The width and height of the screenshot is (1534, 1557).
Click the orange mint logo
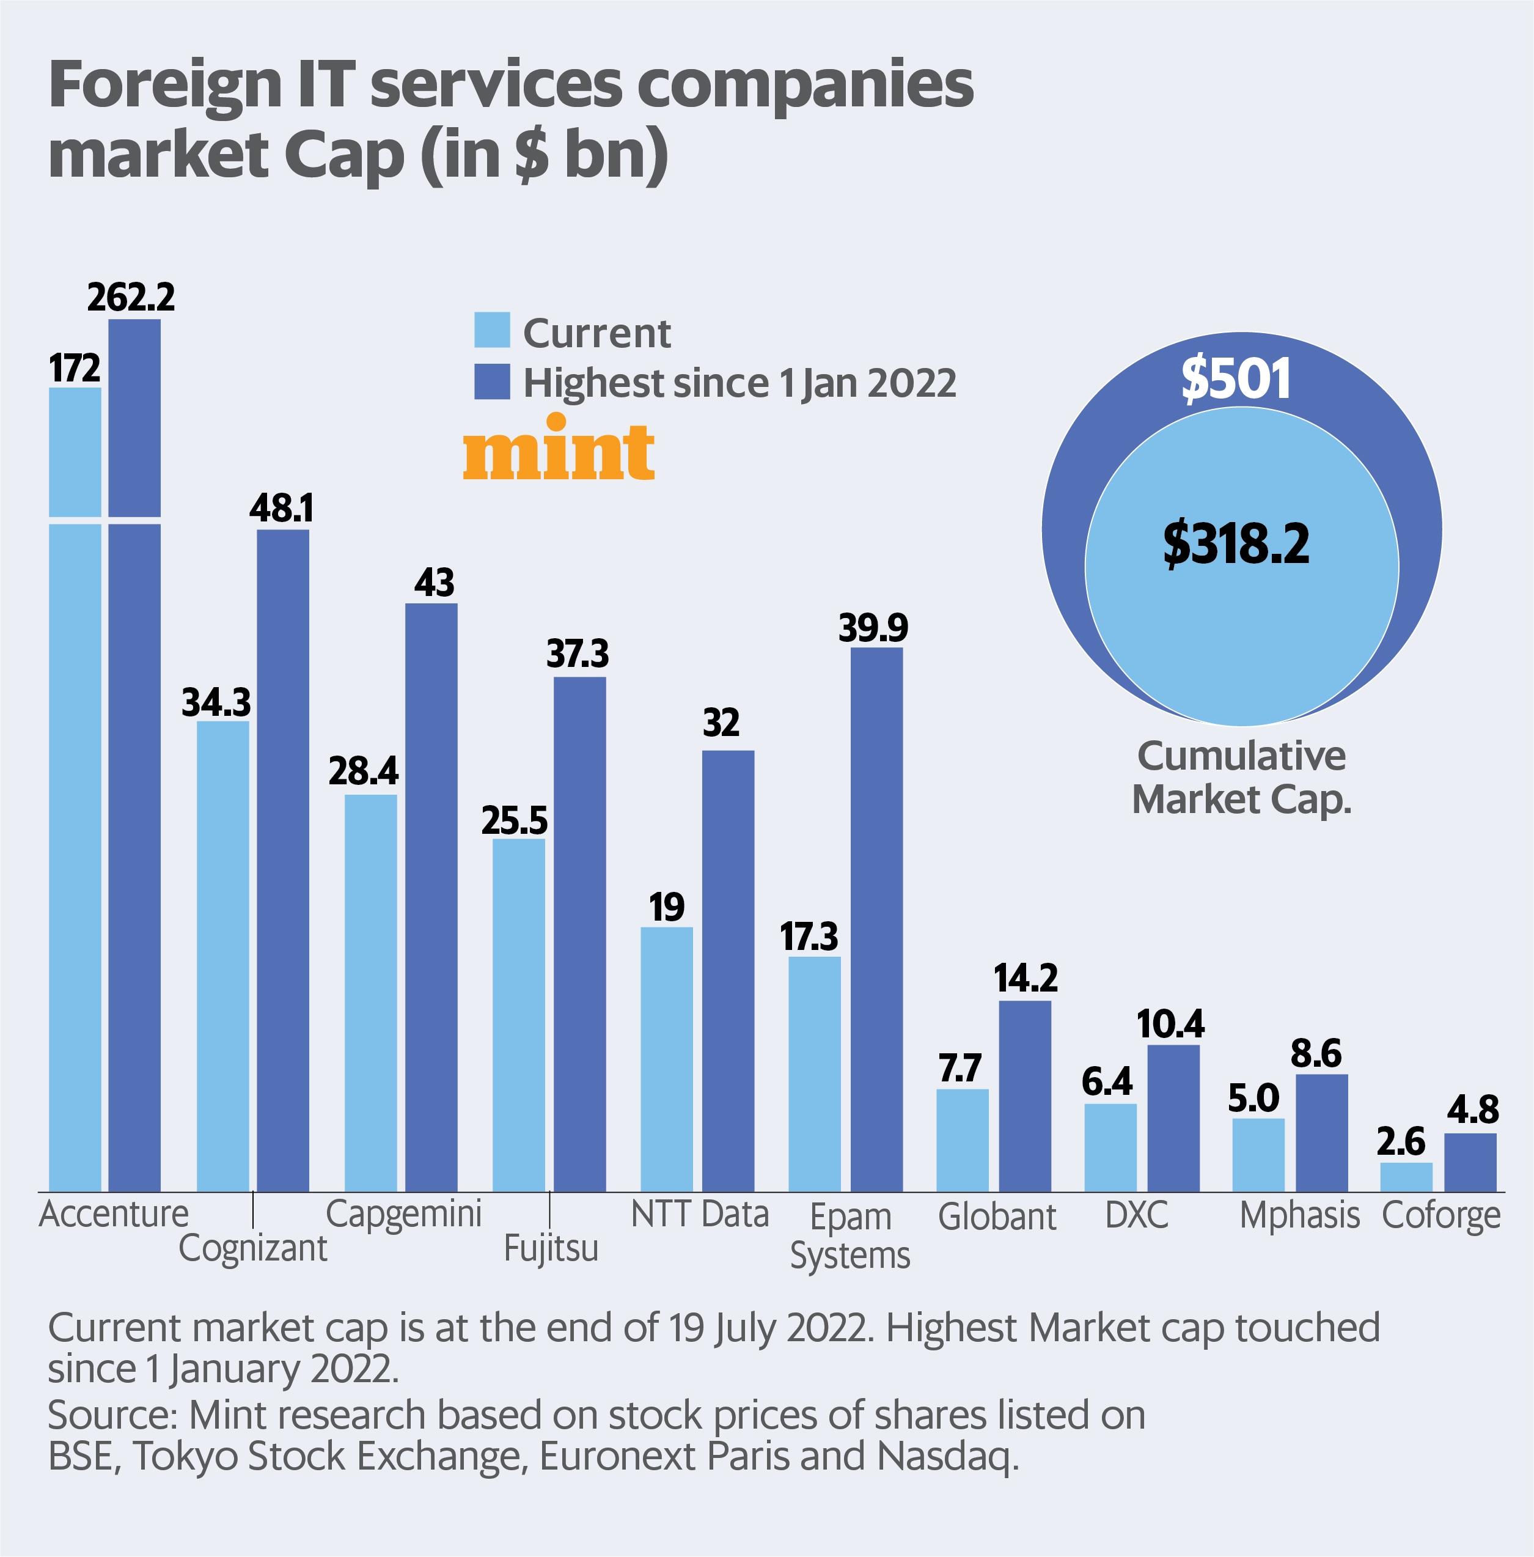pos(559,449)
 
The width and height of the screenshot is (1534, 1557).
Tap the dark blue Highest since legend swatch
pos(491,381)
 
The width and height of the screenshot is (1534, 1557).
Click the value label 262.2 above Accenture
pos(131,297)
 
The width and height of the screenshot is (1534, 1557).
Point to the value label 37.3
pos(578,653)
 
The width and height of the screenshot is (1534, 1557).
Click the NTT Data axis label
pos(699,1213)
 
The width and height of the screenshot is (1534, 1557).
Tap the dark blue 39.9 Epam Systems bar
pos(876,919)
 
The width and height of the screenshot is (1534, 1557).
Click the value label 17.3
pos(809,937)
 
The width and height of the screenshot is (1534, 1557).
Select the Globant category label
pos(997,1216)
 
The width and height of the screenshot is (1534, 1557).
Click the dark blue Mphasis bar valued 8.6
pos(1321,1132)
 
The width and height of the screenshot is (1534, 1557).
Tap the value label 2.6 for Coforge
pos(1400,1141)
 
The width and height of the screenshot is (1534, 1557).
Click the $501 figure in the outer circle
pos(1236,379)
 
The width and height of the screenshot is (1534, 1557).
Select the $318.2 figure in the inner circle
pos(1236,544)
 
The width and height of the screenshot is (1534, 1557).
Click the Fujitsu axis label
pos(551,1248)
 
